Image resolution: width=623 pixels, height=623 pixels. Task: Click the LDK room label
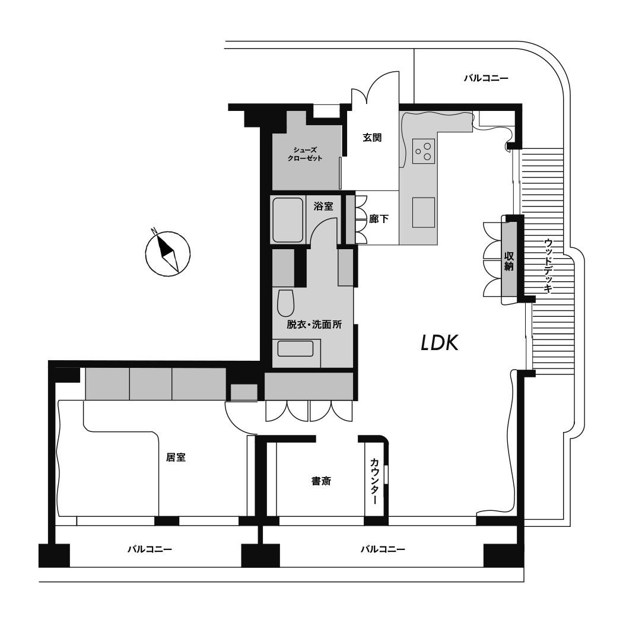[x=440, y=342]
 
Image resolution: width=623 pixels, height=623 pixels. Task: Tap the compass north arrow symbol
[x=168, y=253]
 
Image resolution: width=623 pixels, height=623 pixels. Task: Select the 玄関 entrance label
[x=372, y=138]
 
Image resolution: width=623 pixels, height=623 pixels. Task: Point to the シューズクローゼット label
[x=305, y=154]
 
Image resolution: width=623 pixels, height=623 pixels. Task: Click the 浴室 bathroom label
[x=323, y=206]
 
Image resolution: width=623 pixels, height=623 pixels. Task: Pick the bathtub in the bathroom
[x=288, y=220]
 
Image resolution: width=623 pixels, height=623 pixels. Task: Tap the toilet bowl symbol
[x=285, y=303]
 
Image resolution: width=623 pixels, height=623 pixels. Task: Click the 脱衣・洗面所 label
[x=314, y=325]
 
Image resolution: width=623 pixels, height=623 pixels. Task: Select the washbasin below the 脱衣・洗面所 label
[x=295, y=349]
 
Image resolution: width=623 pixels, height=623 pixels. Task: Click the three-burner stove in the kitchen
[x=424, y=151]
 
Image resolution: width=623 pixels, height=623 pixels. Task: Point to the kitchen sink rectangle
[x=424, y=212]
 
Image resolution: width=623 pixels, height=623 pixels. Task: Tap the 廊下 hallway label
[x=379, y=218]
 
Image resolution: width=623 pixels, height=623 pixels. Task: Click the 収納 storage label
[x=509, y=261]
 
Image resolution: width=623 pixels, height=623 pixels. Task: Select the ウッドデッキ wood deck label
[x=548, y=266]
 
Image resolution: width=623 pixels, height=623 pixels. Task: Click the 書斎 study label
[x=321, y=481]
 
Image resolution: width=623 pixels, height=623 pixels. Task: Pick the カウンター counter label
[x=374, y=481]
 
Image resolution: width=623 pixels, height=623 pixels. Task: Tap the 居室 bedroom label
[x=176, y=457]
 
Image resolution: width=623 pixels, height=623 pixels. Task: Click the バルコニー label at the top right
[x=486, y=78]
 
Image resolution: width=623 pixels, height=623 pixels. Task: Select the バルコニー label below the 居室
[x=150, y=549]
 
